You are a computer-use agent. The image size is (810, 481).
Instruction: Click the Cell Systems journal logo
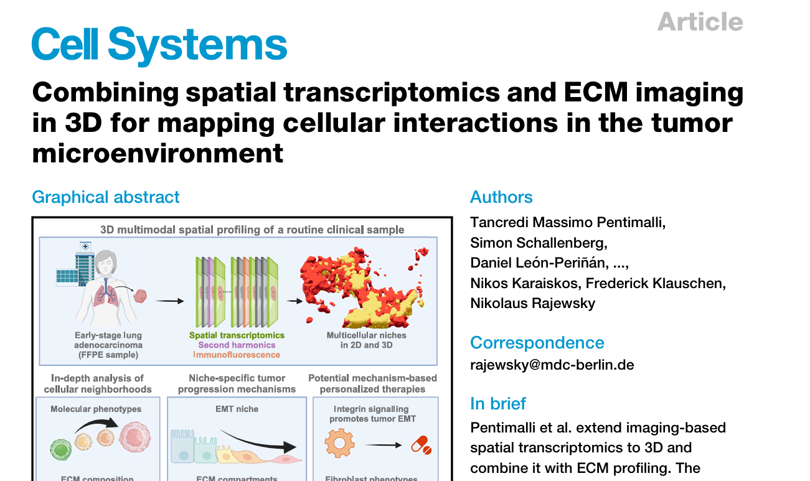(x=159, y=45)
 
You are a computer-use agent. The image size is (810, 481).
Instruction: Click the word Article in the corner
(x=700, y=22)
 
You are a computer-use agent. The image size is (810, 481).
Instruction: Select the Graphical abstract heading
(x=106, y=197)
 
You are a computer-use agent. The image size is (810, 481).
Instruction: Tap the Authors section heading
(x=501, y=197)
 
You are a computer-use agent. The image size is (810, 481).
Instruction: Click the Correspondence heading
(x=537, y=343)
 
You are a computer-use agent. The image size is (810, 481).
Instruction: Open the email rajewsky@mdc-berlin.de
(x=552, y=365)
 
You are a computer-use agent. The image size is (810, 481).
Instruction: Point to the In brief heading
(x=498, y=404)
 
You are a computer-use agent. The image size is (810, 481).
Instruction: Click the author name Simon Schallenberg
(x=539, y=243)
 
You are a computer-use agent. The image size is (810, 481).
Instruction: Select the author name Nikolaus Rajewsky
(x=532, y=303)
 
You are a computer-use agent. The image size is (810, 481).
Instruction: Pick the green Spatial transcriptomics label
(x=237, y=335)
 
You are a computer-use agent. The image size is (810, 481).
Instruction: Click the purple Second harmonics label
(x=237, y=345)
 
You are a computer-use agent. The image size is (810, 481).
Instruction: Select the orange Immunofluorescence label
(x=237, y=355)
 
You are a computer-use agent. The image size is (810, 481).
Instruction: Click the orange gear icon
(x=339, y=444)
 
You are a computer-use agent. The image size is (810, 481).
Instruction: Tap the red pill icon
(x=421, y=444)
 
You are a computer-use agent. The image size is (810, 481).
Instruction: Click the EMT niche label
(x=237, y=409)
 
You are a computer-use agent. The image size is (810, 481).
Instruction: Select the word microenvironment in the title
(x=158, y=153)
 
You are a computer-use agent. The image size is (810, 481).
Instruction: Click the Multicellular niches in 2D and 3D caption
(x=366, y=340)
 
